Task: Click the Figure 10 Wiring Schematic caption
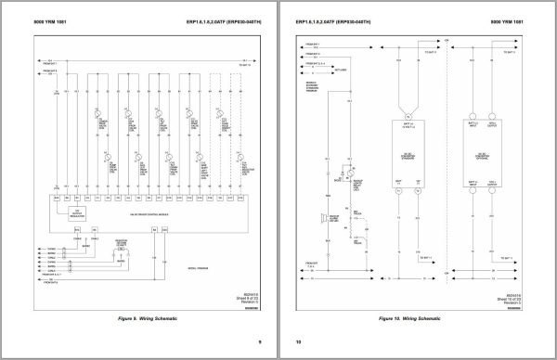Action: coord(421,318)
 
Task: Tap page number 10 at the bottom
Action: coord(299,342)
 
